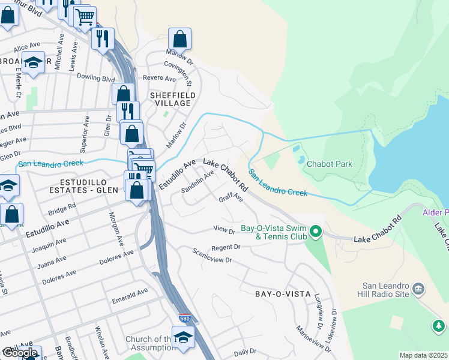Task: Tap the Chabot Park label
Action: pyautogui.click(x=329, y=164)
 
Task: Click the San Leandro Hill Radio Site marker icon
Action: pyautogui.click(x=418, y=290)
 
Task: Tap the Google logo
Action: pyautogui.click(x=20, y=353)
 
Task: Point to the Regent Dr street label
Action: pyautogui.click(x=226, y=247)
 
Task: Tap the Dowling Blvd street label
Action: pyautogui.click(x=95, y=79)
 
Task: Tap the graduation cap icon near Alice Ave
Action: pyautogui.click(x=34, y=62)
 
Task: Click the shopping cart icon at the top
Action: pyautogui.click(x=85, y=16)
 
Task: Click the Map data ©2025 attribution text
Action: pyautogui.click(x=423, y=355)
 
